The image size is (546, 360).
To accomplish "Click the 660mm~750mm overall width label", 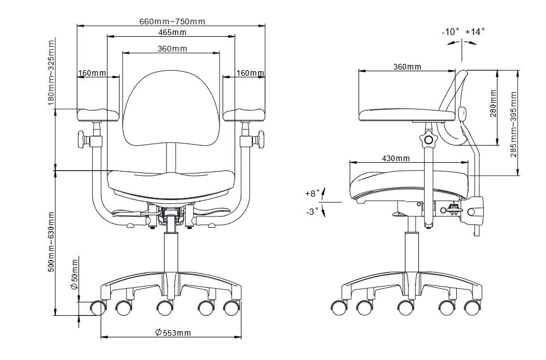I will (x=172, y=21).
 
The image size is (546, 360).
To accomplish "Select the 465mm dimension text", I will (x=172, y=32).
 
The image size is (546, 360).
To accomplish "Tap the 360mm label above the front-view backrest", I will (x=172, y=49).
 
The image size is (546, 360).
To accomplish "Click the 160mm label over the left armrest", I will (x=92, y=73).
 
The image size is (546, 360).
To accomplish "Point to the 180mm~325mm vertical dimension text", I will (x=51, y=73).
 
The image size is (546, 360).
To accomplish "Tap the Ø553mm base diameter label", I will (x=173, y=333).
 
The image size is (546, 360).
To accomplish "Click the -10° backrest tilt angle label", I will (x=451, y=32).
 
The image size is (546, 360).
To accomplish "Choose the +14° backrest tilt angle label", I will (x=475, y=32).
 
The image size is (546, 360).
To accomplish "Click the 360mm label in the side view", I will (x=407, y=67).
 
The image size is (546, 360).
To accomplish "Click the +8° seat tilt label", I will (x=312, y=193).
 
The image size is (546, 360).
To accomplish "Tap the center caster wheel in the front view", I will (x=164, y=308).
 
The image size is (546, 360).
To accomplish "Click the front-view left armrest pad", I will (x=99, y=115).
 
